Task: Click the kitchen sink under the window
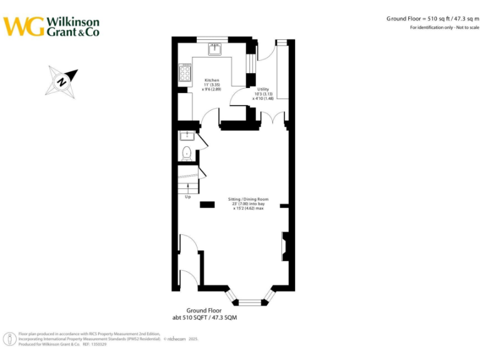[x=214, y=49]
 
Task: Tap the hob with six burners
[x=185, y=73]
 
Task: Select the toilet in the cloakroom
[x=186, y=152]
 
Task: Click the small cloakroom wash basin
[x=186, y=136]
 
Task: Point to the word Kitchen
[x=212, y=81]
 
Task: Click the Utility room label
[x=262, y=89]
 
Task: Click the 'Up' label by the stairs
[x=187, y=197]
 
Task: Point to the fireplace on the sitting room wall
[x=285, y=246]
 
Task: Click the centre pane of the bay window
[x=250, y=302]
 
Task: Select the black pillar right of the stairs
[x=206, y=204]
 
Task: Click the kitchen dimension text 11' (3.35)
[x=212, y=85]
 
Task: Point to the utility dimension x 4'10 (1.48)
[x=263, y=98]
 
